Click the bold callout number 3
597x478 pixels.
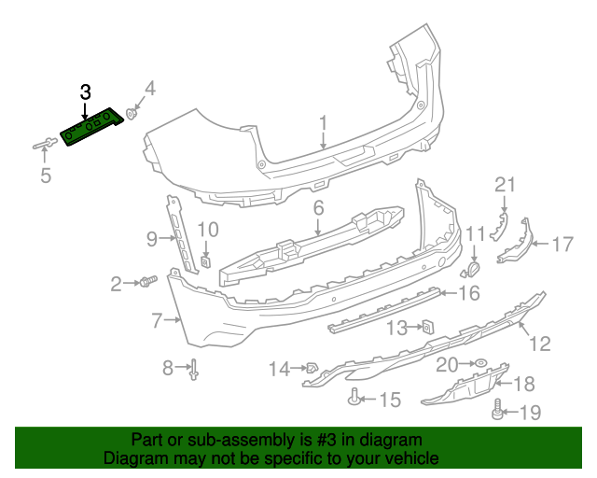(85, 91)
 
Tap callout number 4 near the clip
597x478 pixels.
(149, 90)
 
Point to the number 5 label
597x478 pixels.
(46, 175)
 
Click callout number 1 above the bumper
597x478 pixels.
(324, 123)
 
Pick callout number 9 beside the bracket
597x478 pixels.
(152, 240)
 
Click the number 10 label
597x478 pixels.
(208, 229)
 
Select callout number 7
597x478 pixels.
(157, 322)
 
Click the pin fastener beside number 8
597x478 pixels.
(195, 370)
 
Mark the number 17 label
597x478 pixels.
(562, 245)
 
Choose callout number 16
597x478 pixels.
(468, 294)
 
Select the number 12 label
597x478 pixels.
(540, 344)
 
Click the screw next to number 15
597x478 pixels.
(354, 400)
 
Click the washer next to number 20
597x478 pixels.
(479, 362)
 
